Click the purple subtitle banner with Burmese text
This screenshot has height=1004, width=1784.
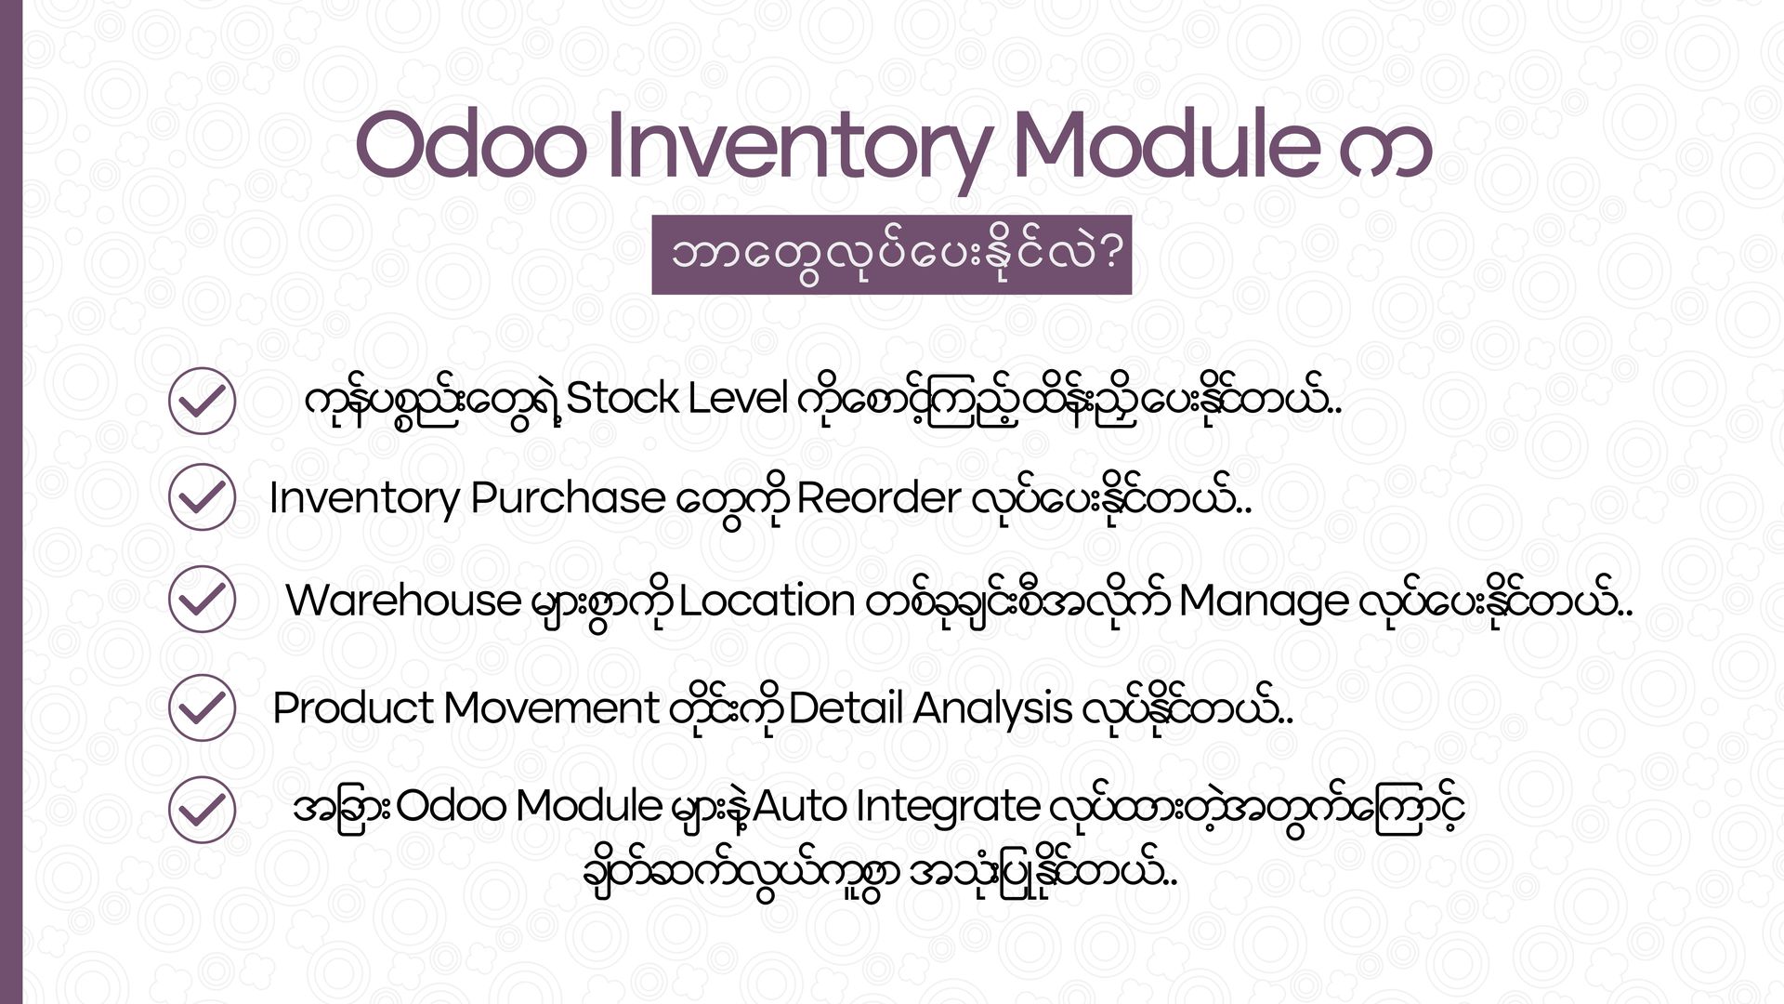[892, 255]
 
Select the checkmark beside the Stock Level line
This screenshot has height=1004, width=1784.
[202, 401]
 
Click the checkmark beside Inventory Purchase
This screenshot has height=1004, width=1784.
[202, 497]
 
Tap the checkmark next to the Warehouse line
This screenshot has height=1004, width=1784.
[202, 599]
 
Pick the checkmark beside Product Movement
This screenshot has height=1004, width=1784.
[202, 707]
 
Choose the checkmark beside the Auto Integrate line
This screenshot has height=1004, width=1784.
[202, 809]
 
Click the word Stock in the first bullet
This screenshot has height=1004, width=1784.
[623, 399]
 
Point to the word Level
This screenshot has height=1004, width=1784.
[739, 399]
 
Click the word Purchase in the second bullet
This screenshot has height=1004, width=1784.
[568, 498]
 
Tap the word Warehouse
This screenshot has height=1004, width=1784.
[402, 601]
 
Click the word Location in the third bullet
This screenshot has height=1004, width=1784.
[766, 601]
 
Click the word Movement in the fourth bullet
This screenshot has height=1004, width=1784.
[550, 708]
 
